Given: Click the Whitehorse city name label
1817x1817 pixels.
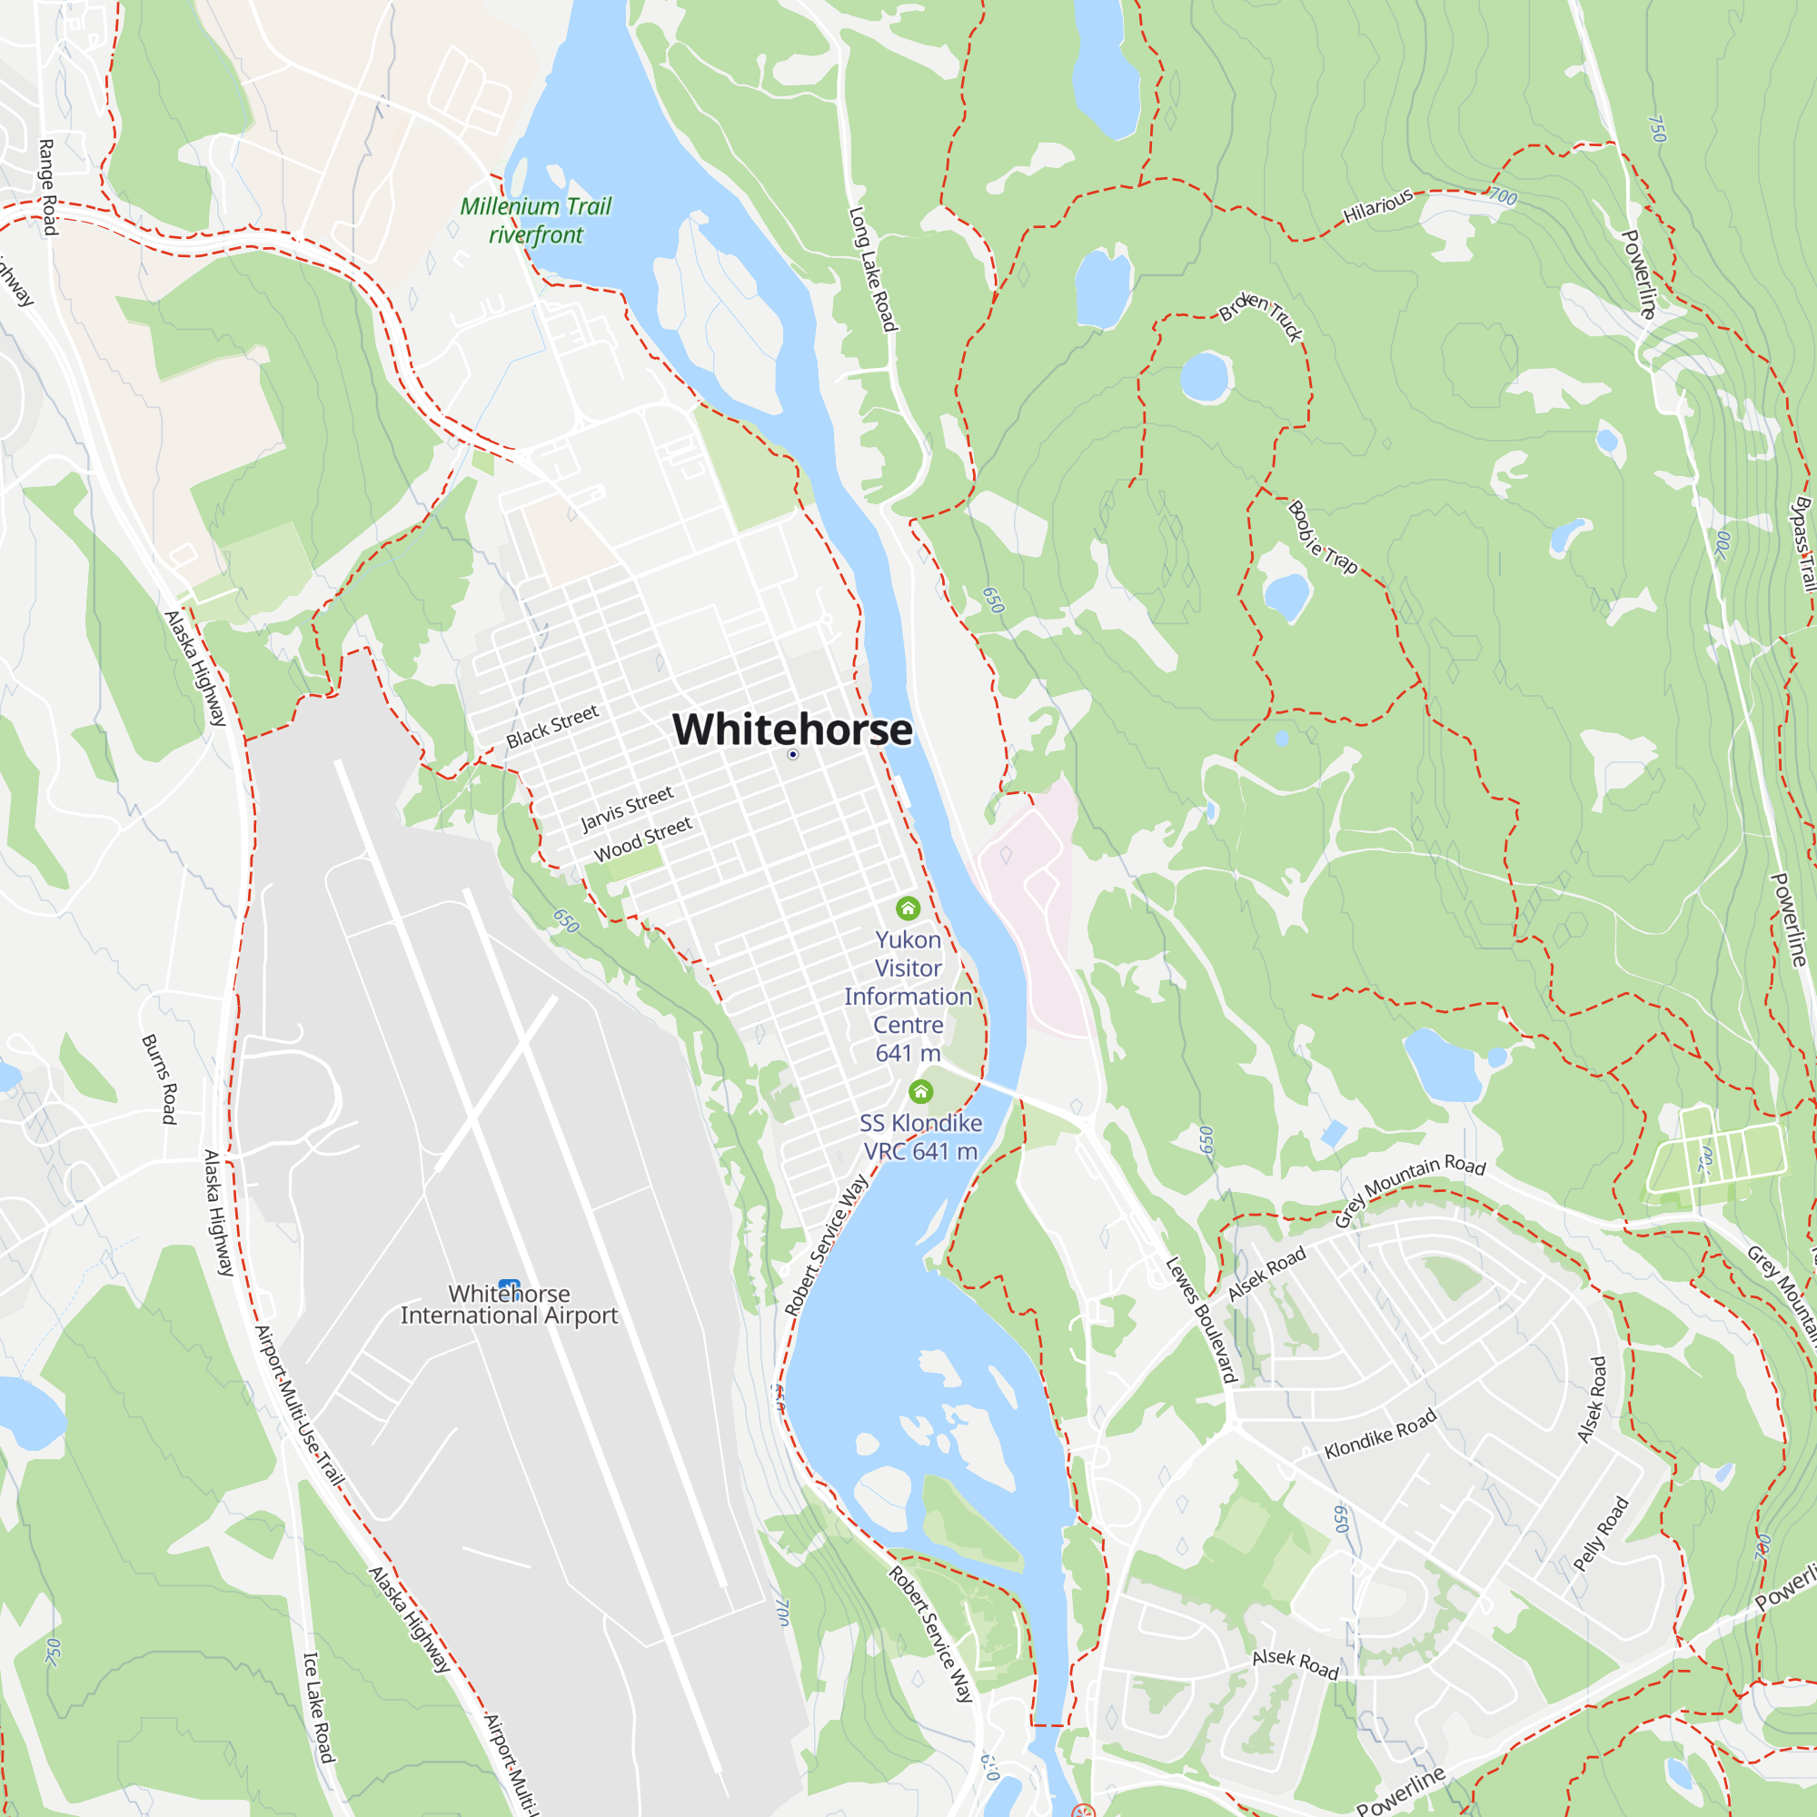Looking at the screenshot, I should point(792,730).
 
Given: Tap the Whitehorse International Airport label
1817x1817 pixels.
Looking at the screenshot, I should point(509,1305).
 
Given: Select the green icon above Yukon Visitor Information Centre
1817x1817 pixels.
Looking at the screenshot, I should point(908,908).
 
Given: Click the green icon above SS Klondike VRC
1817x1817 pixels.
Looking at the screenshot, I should point(920,1091).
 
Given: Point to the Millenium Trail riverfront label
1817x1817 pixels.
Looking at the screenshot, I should point(535,220).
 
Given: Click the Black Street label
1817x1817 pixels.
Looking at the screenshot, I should point(552,727).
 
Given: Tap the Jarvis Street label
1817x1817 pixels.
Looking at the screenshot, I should point(626,809).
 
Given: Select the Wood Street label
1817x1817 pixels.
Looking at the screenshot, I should point(642,839).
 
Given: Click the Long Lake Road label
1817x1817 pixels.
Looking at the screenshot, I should point(873,269).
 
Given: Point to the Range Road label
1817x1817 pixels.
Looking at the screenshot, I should point(48,187).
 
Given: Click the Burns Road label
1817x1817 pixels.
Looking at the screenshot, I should point(159,1078).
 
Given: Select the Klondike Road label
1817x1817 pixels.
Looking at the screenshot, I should point(1380,1434).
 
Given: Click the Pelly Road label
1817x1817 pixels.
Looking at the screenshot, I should point(1601,1534).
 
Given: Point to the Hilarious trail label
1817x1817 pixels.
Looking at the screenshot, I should point(1378,206).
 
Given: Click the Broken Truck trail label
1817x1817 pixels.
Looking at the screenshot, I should point(1261,317).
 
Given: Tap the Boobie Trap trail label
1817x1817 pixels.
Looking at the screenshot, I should point(1322,537).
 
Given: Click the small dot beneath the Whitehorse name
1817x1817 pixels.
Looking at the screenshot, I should point(793,754).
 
